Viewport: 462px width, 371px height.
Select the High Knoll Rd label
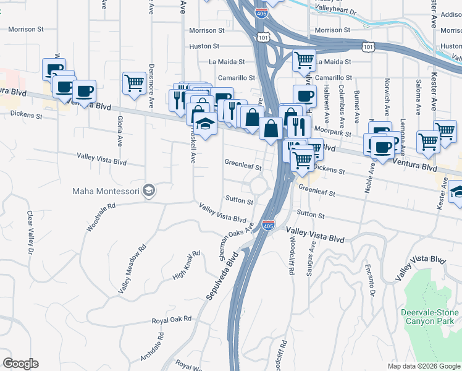point(187,264)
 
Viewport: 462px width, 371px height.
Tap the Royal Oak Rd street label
point(172,320)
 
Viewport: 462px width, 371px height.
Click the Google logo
point(20,364)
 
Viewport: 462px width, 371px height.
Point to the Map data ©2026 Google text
point(423,366)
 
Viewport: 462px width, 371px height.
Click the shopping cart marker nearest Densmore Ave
point(134,83)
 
